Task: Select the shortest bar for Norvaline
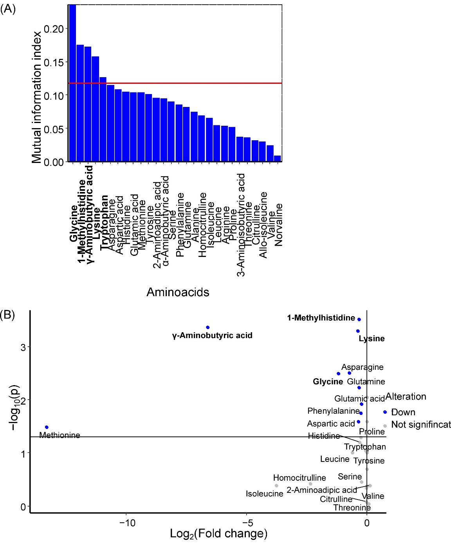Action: [x=277, y=159]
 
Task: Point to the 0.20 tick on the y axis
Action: [x=54, y=29]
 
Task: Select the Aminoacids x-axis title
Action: [x=178, y=292]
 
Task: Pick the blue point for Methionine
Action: [x=47, y=427]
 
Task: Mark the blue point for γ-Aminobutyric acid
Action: [x=208, y=328]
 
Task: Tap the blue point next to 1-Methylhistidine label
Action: [x=359, y=320]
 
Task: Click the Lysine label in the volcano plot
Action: [x=372, y=339]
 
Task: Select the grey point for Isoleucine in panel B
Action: [x=276, y=485]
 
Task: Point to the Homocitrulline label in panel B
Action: [x=299, y=478]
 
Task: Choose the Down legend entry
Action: [x=403, y=412]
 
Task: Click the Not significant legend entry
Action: [x=421, y=425]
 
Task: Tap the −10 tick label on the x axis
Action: [x=126, y=523]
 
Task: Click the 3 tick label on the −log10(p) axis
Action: [x=23, y=347]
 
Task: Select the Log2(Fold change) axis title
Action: [x=218, y=534]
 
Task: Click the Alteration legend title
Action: [x=406, y=396]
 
